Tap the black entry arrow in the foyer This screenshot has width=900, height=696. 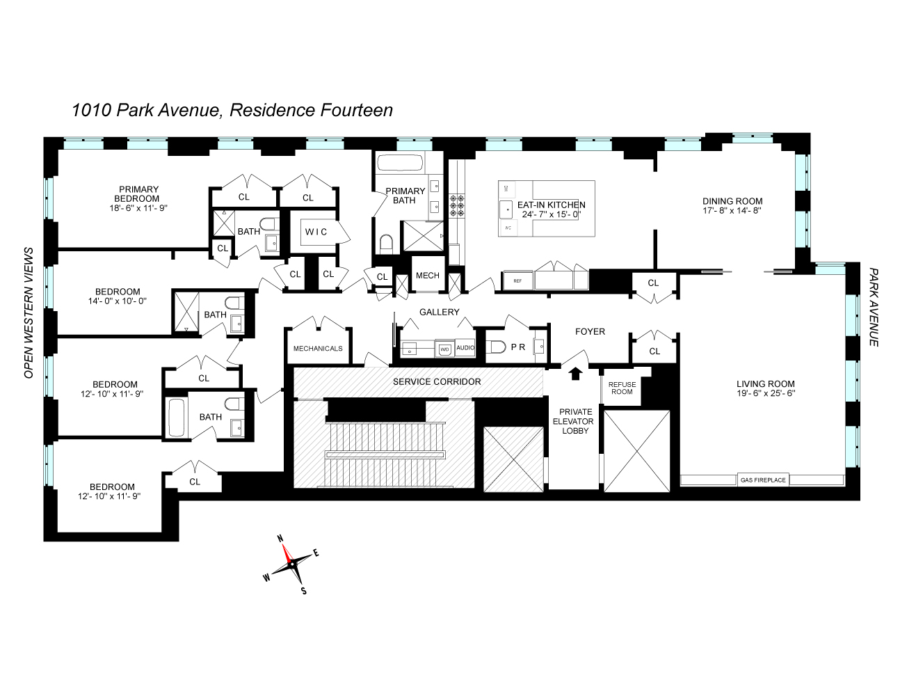[574, 374]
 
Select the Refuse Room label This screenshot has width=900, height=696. [622, 388]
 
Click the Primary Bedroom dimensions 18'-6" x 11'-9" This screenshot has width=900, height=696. [139, 207]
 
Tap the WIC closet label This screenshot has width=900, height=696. [314, 232]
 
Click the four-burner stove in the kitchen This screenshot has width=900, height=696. [458, 207]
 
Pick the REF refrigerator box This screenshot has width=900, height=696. [517, 280]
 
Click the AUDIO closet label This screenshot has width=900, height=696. [465, 347]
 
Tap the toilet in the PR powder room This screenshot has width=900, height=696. [496, 346]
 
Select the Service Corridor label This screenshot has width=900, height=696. [436, 381]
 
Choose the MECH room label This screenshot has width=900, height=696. [427, 276]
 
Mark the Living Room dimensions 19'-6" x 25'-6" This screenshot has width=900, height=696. [765, 393]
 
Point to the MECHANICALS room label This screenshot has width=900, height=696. [318, 348]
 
